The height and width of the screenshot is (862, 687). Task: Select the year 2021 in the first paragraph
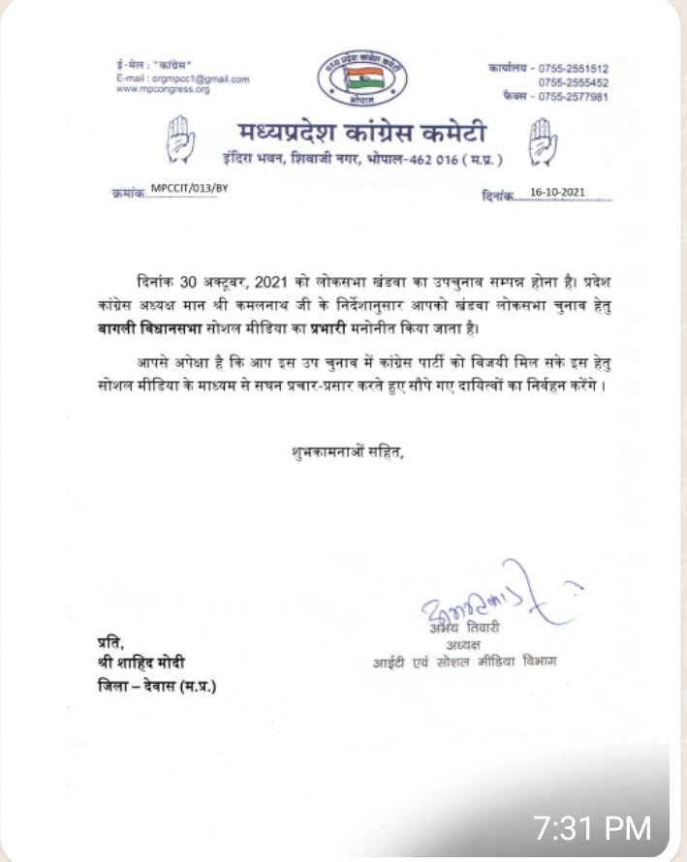(267, 282)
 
